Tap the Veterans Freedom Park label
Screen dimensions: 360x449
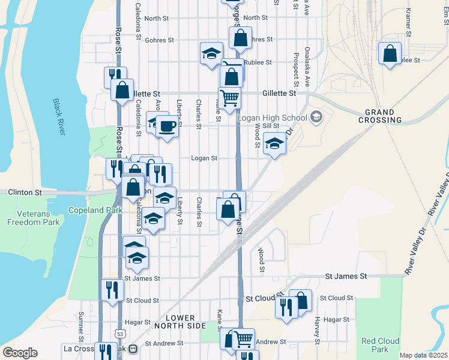pos(34,217)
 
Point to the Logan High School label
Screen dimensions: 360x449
pos(272,117)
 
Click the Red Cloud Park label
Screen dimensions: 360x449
pos(376,345)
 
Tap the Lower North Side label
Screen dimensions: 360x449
pos(180,322)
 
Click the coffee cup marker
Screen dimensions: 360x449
pos(167,126)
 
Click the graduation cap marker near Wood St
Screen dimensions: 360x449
pos(274,144)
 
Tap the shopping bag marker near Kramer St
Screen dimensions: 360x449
pos(390,53)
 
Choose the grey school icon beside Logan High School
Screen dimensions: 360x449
pos(316,117)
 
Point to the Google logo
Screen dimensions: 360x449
pos(20,353)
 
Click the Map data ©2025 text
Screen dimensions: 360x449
pos(423,355)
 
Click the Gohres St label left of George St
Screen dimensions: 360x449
pos(161,40)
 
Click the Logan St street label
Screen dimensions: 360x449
pos(203,158)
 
